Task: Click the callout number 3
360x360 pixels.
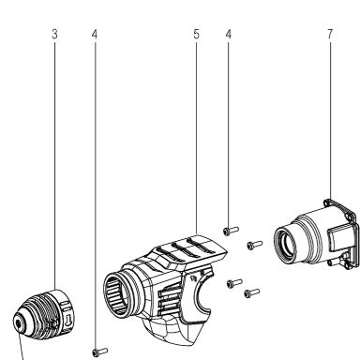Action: (54, 34)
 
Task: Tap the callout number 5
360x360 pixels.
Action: (196, 34)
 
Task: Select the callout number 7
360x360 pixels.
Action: (330, 34)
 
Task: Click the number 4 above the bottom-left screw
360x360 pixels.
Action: (95, 34)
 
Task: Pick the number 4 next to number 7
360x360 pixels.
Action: (229, 34)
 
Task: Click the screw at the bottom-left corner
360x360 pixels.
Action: (100, 352)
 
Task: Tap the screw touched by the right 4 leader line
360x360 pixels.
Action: (231, 231)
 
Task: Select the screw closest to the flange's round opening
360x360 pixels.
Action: (255, 245)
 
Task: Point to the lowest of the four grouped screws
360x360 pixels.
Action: (252, 293)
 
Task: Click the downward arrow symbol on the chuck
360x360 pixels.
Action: (69, 320)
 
